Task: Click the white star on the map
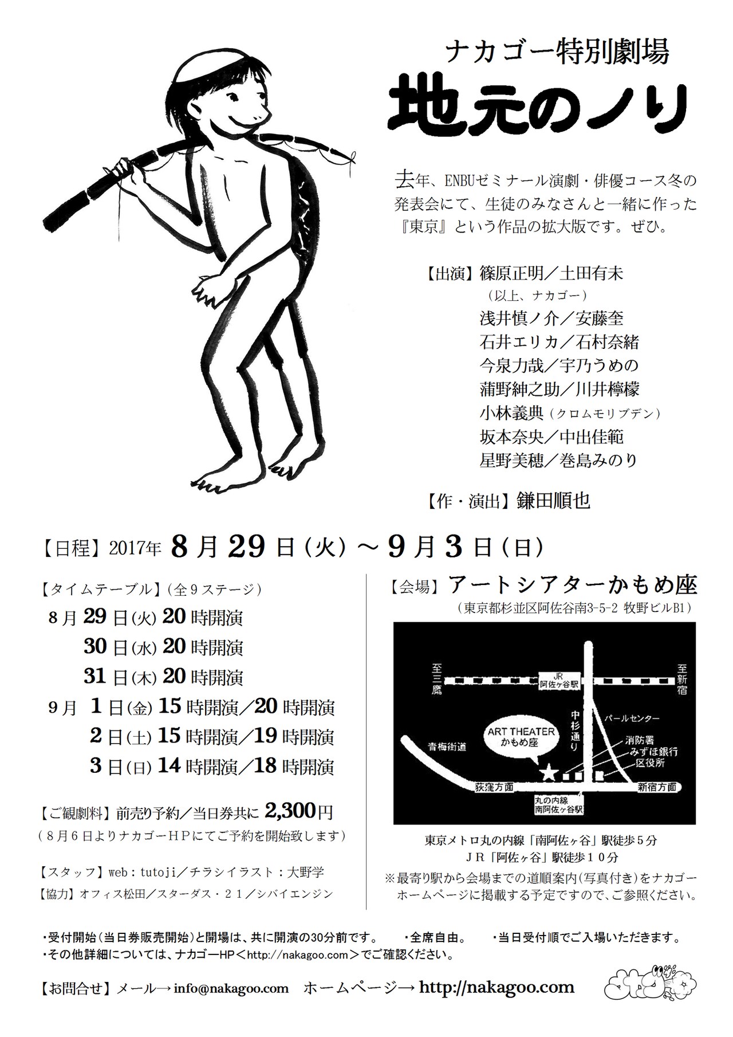click(x=548, y=773)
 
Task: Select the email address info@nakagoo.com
click(x=231, y=988)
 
